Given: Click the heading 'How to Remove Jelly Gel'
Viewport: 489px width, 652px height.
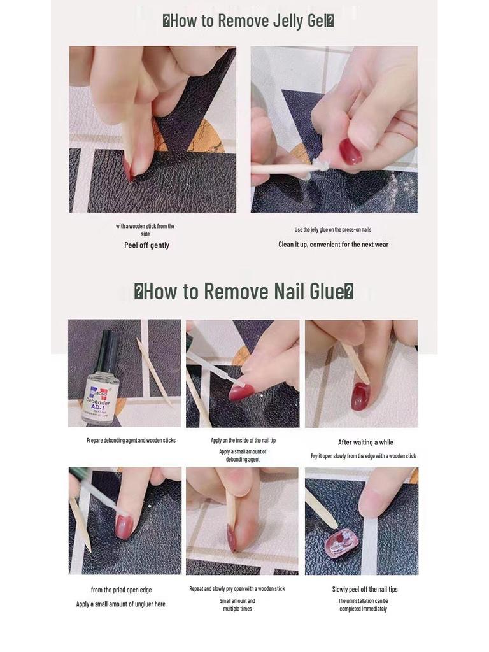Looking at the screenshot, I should click(x=248, y=21).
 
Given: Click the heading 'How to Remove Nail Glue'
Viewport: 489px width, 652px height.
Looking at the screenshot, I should click(x=244, y=292).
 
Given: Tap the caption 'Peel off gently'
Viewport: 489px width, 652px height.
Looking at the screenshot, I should click(x=146, y=245).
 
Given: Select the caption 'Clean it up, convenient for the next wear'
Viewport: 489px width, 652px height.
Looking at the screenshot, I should click(x=333, y=244).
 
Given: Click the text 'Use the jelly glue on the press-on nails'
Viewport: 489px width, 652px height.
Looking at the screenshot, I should click(x=333, y=230).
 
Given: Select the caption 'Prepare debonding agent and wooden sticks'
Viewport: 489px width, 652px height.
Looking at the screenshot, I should click(x=131, y=440).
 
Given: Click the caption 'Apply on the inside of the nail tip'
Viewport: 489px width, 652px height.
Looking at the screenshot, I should click(x=243, y=440).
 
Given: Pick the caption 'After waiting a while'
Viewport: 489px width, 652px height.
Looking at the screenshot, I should click(x=365, y=443).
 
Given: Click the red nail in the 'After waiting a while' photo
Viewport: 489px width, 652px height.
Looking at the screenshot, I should click(x=360, y=395).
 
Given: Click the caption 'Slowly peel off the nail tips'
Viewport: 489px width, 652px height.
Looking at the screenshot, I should click(x=364, y=590).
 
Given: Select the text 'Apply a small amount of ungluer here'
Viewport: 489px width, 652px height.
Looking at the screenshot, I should click(x=120, y=604).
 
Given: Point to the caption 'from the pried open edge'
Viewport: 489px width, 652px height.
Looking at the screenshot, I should click(x=121, y=590).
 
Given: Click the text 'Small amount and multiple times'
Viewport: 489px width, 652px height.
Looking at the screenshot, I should click(x=237, y=605).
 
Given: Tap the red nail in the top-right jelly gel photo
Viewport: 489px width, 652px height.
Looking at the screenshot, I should click(x=350, y=152).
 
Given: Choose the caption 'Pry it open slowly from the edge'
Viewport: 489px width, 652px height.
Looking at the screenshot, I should click(x=363, y=456).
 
